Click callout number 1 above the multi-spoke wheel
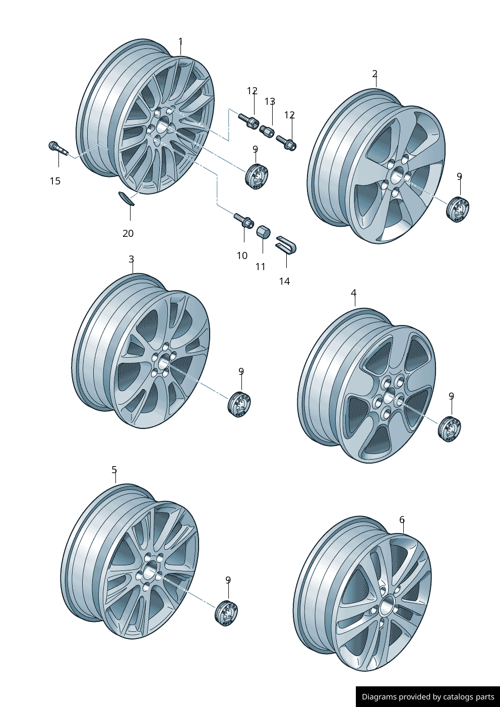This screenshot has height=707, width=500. pyautogui.click(x=180, y=42)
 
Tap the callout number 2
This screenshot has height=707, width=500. pyautogui.click(x=374, y=74)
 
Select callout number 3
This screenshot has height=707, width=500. pyautogui.click(x=131, y=259)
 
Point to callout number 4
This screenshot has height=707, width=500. pyautogui.click(x=353, y=293)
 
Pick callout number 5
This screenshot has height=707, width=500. pyautogui.click(x=114, y=470)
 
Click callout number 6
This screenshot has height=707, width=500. pyautogui.click(x=402, y=520)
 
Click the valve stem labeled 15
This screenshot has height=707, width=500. pyautogui.click(x=57, y=148)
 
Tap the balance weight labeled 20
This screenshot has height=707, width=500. pyautogui.click(x=126, y=199)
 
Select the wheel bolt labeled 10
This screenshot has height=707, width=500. pyautogui.click(x=243, y=220)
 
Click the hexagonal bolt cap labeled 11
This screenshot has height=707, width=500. pyautogui.click(x=263, y=233)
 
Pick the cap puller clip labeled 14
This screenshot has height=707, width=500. pyautogui.click(x=286, y=244)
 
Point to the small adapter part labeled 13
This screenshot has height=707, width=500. pyautogui.click(x=266, y=132)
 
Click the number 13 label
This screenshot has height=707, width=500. pyautogui.click(x=270, y=102)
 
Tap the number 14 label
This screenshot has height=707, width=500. pyautogui.click(x=284, y=281)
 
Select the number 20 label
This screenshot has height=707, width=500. pyautogui.click(x=128, y=233)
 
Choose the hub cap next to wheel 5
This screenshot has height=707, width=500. pyautogui.click(x=226, y=613)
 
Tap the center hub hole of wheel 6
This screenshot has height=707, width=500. pyautogui.click(x=387, y=605)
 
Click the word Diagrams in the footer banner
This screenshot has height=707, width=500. pyautogui.click(x=379, y=697)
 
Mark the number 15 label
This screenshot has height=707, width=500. pyautogui.click(x=55, y=181)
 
